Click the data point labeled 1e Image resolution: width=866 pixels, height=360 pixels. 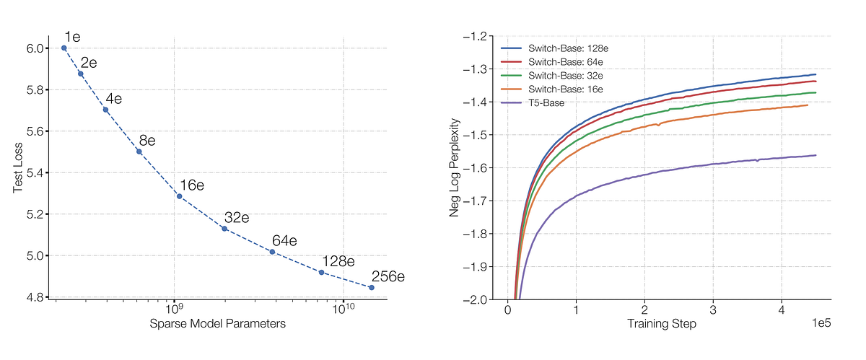(x=64, y=48)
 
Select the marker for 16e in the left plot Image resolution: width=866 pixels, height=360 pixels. (x=180, y=196)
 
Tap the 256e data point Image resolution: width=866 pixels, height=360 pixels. (x=372, y=288)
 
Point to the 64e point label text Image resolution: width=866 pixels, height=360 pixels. (x=284, y=241)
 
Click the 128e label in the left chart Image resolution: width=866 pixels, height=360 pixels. (x=338, y=262)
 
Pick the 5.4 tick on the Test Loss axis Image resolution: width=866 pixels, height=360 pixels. (x=34, y=172)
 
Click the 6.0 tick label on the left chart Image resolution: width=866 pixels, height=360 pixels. (x=34, y=48)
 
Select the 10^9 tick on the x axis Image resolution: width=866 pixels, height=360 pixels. (x=174, y=309)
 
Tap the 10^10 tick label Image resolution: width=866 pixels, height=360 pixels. (x=344, y=309)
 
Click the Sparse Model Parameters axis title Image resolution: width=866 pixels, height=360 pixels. (x=218, y=324)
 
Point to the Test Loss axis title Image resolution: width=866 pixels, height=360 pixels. (x=18, y=168)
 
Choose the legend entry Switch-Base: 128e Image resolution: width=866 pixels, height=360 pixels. (x=554, y=48)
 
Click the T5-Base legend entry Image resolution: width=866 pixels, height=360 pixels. (x=533, y=103)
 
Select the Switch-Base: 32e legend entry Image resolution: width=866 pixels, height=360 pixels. (x=551, y=76)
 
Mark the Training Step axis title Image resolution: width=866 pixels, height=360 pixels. (x=662, y=324)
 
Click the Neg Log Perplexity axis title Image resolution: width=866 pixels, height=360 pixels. (x=455, y=168)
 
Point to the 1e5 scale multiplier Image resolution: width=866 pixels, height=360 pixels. (x=821, y=323)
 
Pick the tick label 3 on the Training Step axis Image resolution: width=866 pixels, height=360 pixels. (x=713, y=309)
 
